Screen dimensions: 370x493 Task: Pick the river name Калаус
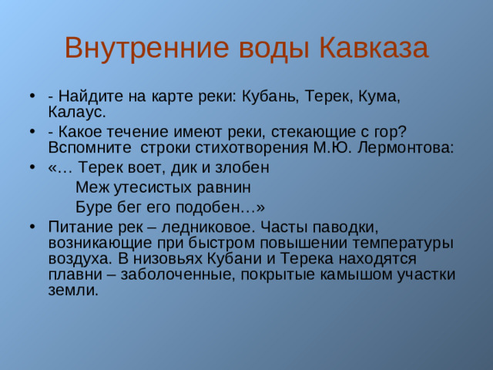click(76, 112)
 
